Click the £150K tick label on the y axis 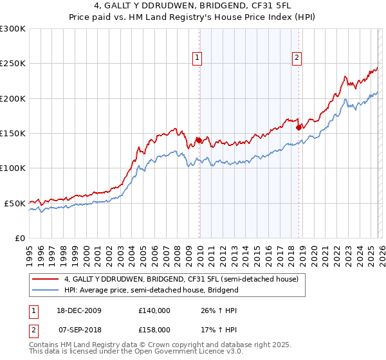(12, 133)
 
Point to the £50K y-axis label (14, 203)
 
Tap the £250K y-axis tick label (12, 64)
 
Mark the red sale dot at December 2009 (199, 140)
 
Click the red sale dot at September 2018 (298, 127)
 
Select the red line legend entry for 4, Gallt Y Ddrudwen (181, 280)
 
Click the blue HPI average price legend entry (151, 290)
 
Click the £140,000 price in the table (154, 310)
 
